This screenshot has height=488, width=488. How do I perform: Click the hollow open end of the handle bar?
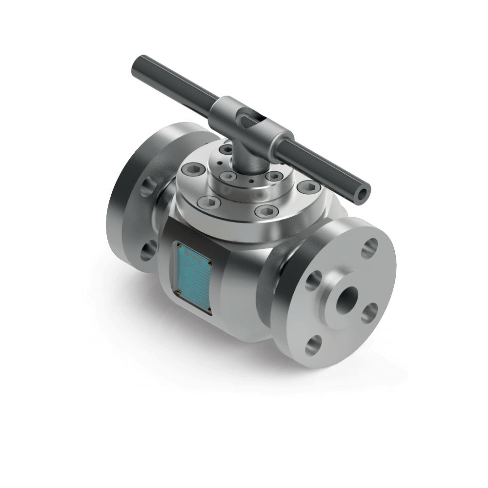pyautogui.click(x=362, y=193)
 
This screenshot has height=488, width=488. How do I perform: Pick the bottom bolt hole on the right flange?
pyautogui.click(x=313, y=346)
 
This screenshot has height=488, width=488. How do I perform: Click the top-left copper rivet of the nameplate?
pyautogui.click(x=178, y=244)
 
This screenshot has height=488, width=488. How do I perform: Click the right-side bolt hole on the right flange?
pyautogui.click(x=370, y=311)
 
